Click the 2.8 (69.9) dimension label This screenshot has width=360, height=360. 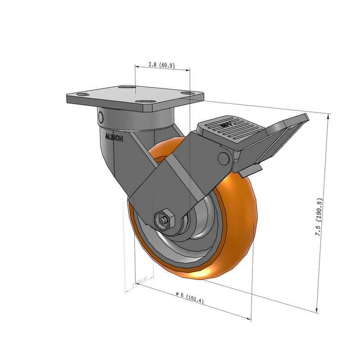pyautogui.click(x=162, y=65)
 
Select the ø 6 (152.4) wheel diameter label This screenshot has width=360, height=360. pyautogui.click(x=189, y=298)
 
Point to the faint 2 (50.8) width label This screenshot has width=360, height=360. pyautogui.click(x=139, y=282)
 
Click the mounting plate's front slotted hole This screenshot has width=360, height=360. pyautogui.click(x=146, y=103)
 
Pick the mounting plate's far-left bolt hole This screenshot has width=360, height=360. pyautogui.click(x=82, y=94)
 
